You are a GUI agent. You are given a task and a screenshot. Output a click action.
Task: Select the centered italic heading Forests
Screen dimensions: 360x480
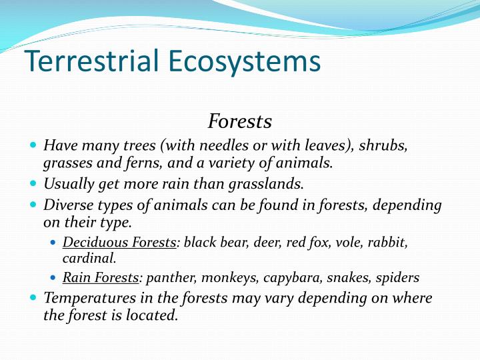(240, 121)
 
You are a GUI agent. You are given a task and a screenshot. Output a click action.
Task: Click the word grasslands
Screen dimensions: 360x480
(270, 183)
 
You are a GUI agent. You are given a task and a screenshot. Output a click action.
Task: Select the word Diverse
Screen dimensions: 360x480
(65, 205)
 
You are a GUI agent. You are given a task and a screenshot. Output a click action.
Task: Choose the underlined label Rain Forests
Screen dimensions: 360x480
(100, 277)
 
